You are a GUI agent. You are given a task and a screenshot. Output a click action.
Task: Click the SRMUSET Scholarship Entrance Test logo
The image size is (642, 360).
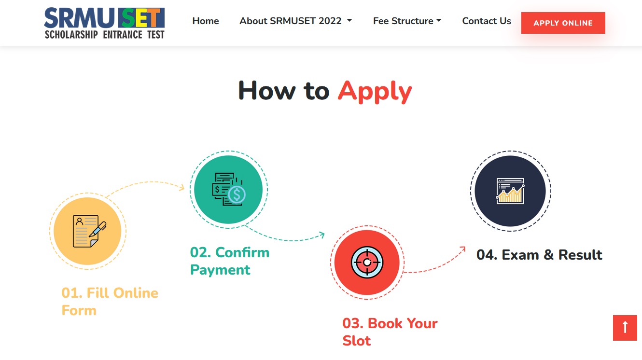tap(104, 23)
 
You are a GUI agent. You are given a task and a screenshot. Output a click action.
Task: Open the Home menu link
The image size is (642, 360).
tap(206, 21)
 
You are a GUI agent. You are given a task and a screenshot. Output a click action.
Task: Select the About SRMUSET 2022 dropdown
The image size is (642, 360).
tap(296, 21)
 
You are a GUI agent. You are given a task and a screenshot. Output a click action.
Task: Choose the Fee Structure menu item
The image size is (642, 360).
tap(407, 21)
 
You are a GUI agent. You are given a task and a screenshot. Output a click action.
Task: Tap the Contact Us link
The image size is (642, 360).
tap(487, 21)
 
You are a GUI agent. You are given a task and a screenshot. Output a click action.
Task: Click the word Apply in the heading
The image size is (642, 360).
tap(375, 91)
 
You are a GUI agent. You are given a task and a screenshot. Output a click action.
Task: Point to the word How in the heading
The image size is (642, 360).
tap(267, 91)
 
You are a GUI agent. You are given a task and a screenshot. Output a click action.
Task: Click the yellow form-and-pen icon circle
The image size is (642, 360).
tap(87, 231)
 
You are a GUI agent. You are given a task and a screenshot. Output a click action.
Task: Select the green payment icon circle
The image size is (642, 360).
tap(228, 190)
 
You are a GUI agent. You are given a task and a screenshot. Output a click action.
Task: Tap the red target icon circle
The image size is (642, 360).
tap(367, 262)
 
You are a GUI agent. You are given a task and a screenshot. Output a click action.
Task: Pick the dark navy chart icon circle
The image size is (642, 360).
tap(510, 191)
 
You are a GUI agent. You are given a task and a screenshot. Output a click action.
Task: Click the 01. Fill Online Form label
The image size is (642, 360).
tap(110, 302)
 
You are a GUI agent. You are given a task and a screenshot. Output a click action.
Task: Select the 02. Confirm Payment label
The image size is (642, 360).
tap(230, 261)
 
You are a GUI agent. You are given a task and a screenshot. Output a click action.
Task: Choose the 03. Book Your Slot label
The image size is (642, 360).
tap(390, 332)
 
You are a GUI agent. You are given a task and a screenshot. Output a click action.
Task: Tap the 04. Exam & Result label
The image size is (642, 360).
tap(539, 255)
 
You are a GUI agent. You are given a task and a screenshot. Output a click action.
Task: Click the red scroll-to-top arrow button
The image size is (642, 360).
tap(625, 328)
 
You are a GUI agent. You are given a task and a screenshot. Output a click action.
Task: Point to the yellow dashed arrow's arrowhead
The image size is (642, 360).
tap(182, 188)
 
